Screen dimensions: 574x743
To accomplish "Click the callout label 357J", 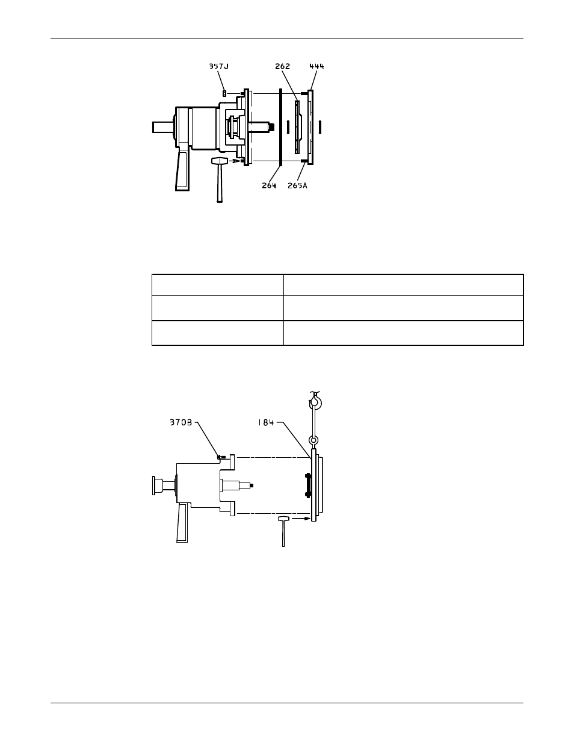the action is (219, 66).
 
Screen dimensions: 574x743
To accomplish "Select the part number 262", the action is (282, 66).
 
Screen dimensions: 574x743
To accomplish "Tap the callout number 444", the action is (316, 66).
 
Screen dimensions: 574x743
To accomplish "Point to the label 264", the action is (269, 185).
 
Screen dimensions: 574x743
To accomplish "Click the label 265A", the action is (297, 185).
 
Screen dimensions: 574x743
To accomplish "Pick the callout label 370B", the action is (181, 422).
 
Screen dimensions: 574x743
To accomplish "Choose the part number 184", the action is (266, 422).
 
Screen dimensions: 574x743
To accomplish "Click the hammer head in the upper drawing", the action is (219, 161).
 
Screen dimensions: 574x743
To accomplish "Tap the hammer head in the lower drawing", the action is (283, 519).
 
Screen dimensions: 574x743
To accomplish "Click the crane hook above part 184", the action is (315, 401).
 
